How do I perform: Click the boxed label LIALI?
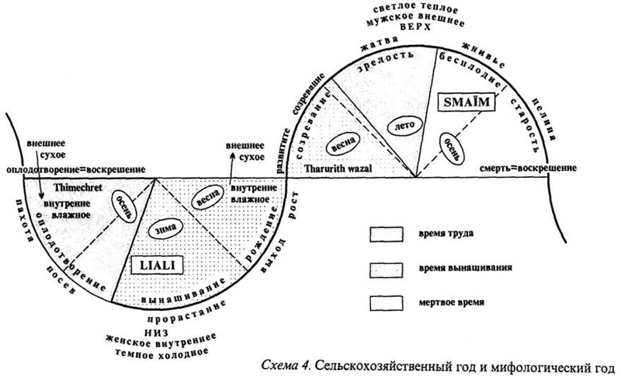click(x=161, y=266)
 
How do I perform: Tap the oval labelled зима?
click(x=164, y=229)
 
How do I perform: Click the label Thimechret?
click(x=75, y=189)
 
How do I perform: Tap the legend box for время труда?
click(x=387, y=234)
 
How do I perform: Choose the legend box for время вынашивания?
click(x=387, y=266)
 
